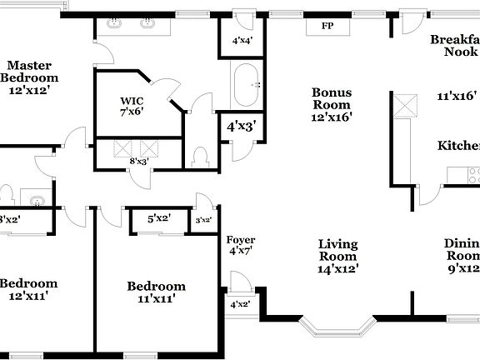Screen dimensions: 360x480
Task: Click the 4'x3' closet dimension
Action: [x=241, y=127]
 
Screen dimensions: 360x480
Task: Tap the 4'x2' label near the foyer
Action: [x=240, y=304]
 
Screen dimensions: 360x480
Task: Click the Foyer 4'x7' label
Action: [x=241, y=245]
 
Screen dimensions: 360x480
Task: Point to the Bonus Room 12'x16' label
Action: [x=332, y=104]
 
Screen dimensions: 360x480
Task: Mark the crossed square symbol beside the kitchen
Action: [x=405, y=106]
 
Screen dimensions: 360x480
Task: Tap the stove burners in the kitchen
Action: [x=472, y=175]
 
